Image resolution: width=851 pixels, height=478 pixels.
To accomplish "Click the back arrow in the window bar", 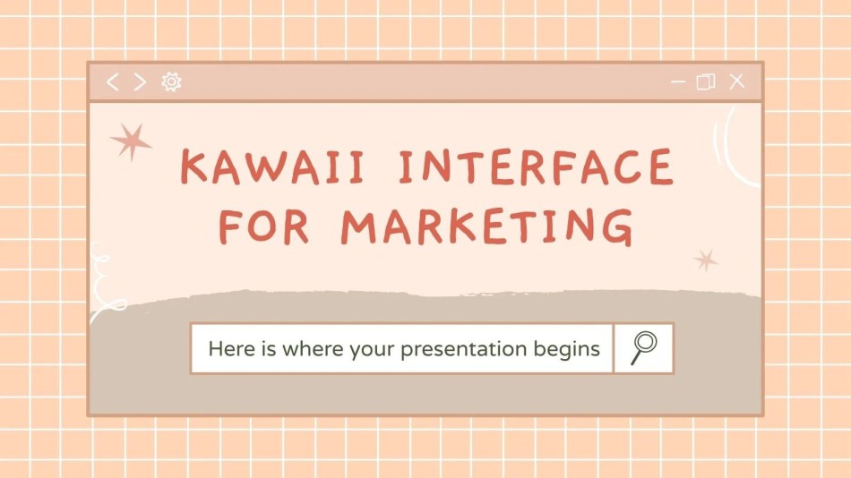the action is (112, 82).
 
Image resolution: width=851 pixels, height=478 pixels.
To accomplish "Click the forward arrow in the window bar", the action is (140, 82).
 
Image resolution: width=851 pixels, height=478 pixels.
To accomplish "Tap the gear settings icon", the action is (171, 81).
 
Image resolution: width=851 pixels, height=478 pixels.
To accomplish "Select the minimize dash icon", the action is (678, 82).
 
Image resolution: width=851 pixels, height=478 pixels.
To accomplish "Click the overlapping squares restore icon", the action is (706, 82).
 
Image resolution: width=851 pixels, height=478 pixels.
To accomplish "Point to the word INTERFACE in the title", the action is (537, 166).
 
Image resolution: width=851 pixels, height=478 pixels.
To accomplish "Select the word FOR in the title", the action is (263, 226).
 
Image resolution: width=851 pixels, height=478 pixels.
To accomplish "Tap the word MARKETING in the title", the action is (487, 226).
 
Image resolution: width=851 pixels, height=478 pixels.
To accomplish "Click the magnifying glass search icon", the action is (644, 348).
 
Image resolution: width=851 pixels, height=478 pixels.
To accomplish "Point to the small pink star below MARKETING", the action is (706, 260).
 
